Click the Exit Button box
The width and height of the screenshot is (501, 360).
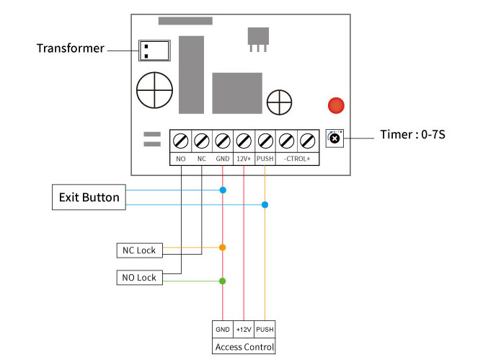click(x=89, y=197)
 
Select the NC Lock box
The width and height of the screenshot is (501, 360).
click(x=139, y=250)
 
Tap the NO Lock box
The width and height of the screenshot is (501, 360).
click(x=139, y=278)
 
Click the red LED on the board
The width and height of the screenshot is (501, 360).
click(x=336, y=105)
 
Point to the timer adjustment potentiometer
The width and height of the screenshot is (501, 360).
click(x=334, y=139)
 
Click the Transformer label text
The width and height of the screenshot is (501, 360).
click(x=71, y=48)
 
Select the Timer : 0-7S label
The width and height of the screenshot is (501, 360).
click(x=412, y=134)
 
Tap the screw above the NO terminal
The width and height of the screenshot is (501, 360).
click(x=180, y=141)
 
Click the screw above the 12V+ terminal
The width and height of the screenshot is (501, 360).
click(x=244, y=141)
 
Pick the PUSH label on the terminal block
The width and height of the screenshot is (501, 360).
click(x=265, y=159)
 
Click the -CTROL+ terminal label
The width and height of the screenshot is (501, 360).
click(x=297, y=159)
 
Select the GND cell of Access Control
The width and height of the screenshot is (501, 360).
click(x=223, y=329)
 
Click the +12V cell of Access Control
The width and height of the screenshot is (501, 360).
click(x=244, y=329)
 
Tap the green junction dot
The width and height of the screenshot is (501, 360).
click(x=222, y=281)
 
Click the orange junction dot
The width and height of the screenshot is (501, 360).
click(x=222, y=247)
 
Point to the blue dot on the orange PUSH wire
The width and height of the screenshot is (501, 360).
click(x=265, y=205)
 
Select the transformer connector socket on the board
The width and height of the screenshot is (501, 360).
click(x=154, y=51)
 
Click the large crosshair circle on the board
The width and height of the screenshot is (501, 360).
click(x=155, y=90)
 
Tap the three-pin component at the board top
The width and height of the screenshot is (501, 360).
click(x=258, y=39)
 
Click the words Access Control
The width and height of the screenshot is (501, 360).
click(x=245, y=347)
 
